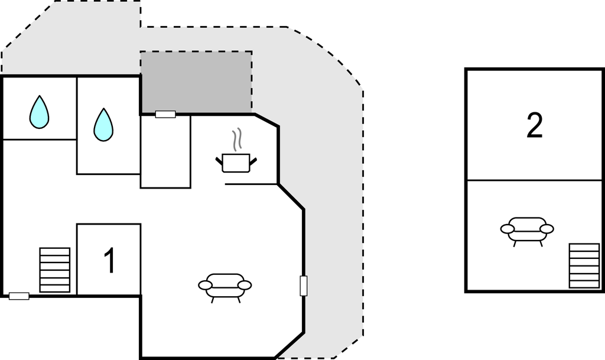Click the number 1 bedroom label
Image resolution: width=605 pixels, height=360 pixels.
coord(110,261)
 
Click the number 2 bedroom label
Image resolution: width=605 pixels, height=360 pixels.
coord(534,125)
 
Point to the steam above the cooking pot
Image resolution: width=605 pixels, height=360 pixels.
coord(236,140)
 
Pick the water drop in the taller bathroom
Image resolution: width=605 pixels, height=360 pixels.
coord(103,124)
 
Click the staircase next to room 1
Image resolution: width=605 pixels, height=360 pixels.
coord(55,270)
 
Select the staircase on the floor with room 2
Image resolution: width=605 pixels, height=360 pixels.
coord(584,265)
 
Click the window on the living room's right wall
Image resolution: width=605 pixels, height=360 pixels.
coord(304,286)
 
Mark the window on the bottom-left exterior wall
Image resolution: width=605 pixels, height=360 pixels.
coord(19,296)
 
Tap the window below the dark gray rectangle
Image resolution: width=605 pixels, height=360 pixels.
coord(165,114)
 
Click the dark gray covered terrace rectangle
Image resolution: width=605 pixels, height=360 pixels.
coord(196,82)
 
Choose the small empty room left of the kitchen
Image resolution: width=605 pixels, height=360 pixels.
coord(165,151)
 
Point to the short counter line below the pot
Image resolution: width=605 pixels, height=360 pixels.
coord(251,184)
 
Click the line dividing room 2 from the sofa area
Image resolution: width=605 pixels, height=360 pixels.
coord(534,180)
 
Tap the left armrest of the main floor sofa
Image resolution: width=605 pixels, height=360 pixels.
coord(205,286)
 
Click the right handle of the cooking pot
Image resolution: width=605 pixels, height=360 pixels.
coord(253,161)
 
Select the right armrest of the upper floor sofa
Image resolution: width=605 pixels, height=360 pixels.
coord(547,229)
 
